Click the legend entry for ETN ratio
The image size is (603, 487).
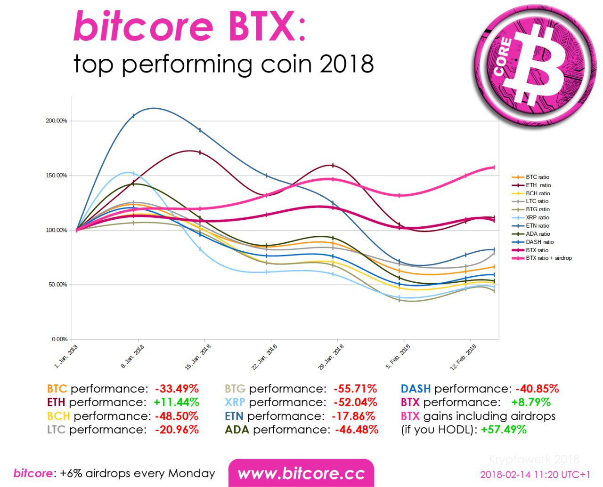tap(538, 226)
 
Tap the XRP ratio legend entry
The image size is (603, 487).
tap(538, 217)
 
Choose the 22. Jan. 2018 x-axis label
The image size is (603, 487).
tap(265, 357)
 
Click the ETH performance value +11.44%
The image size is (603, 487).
tap(176, 402)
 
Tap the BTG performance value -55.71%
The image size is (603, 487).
tap(355, 389)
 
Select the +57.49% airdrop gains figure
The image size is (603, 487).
tap(504, 430)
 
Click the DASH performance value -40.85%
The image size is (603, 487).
tap(537, 389)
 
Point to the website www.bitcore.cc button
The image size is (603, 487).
tap(301, 473)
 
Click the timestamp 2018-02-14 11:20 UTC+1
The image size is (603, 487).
tap(535, 474)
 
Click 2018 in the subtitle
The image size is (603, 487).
tap(347, 64)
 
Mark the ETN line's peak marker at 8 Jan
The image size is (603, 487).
tap(134, 116)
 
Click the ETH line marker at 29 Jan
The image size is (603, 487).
tap(333, 166)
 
